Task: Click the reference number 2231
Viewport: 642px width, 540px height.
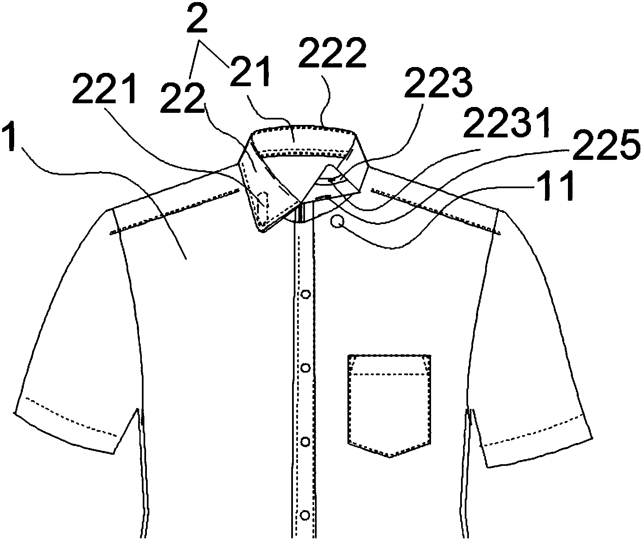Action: pos(506,123)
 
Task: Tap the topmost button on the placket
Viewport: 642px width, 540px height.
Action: pos(306,294)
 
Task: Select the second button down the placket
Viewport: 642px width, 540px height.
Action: pos(306,368)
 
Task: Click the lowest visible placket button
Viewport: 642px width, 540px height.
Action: pos(305,515)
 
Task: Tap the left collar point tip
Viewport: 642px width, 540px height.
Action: pos(262,230)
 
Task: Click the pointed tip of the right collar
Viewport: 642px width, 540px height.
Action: pos(359,192)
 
